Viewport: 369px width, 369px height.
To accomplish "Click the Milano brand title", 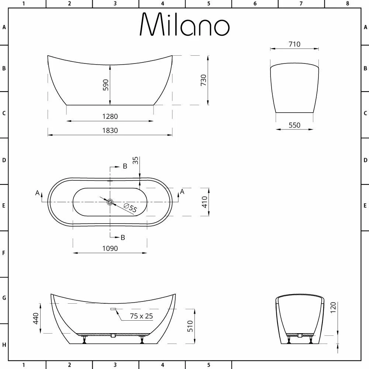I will pos(184,25).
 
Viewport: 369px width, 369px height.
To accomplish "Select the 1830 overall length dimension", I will pos(110,130).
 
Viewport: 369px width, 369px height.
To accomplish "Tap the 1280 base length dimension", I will pos(110,116).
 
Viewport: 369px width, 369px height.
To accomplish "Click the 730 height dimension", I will pos(203,80).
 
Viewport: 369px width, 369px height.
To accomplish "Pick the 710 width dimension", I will pos(294,44).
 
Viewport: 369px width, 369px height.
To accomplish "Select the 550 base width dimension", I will pos(294,125).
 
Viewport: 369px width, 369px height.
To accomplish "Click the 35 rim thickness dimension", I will pos(135,160).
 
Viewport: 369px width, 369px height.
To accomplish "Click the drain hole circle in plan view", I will pos(110,202).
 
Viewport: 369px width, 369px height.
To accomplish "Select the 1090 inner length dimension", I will pos(110,248).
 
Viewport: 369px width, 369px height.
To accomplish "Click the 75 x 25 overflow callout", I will pos(141,316).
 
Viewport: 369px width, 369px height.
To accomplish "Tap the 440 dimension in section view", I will pos(36,318).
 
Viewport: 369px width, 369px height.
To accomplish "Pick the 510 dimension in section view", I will pos(190,326).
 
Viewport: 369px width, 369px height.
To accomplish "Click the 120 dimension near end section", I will pos(333,307).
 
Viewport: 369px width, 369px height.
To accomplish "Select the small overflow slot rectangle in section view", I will pos(113,309).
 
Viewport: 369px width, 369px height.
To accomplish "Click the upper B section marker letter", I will pos(125,166).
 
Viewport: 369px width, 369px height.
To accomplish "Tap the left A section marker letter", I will pos(37,193).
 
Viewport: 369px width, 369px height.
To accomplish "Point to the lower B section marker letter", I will pos(123,237).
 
